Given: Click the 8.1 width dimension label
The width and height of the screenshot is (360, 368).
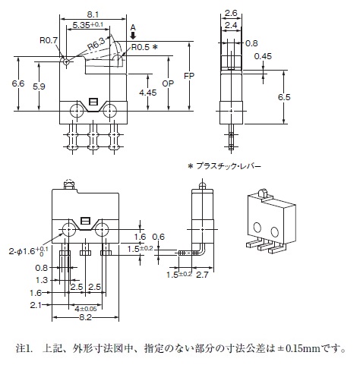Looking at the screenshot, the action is click(93, 14).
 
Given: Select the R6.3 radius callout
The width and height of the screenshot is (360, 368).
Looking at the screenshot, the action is click(96, 43).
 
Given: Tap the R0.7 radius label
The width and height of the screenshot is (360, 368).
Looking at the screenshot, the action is click(49, 40).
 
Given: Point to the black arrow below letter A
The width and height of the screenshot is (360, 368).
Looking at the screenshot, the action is click(133, 35).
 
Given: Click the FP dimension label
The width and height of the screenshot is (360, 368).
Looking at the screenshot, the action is click(189, 76).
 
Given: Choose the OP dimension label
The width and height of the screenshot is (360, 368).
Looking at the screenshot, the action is click(168, 83).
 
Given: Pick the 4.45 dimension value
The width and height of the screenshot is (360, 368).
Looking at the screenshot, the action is click(148, 93).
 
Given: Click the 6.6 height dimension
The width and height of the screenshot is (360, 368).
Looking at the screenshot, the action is click(18, 83).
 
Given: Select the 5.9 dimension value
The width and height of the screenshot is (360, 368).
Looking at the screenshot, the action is click(39, 86).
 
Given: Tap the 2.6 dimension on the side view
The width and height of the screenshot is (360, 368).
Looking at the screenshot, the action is click(231, 13).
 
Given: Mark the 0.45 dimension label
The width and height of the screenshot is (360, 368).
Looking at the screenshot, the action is click(263, 56).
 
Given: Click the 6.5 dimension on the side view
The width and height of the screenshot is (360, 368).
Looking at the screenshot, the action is click(284, 97).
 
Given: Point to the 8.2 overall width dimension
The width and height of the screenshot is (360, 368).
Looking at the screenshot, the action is click(85, 317).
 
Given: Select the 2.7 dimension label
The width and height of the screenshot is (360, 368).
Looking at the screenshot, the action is click(202, 275).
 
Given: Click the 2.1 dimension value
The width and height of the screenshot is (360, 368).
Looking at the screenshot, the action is click(36, 305).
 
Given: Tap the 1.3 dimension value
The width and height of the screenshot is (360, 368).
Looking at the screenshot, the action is click(42, 280).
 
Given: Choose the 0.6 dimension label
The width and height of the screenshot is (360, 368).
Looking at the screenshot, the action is click(159, 237).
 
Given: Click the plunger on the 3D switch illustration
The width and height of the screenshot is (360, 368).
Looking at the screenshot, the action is click(264, 193).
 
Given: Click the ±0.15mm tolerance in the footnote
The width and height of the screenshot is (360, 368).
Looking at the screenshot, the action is click(300, 348).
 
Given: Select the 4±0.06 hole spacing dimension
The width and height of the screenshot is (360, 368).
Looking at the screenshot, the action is click(86, 309).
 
